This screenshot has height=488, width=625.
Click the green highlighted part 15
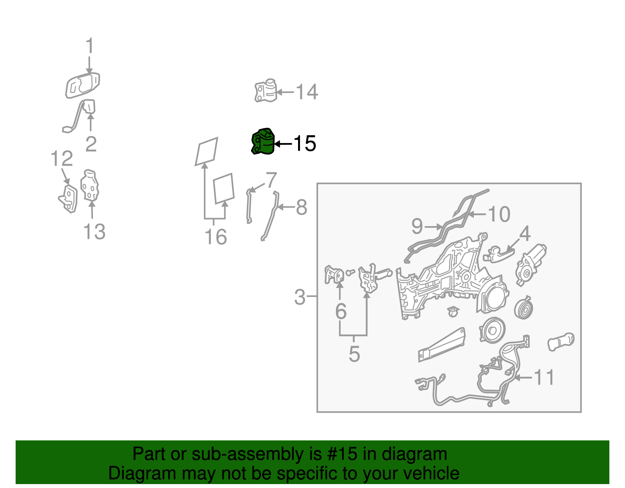(263, 141)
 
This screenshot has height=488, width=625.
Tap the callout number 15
(305, 143)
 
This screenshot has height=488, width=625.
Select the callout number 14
(307, 92)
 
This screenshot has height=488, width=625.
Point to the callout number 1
(90, 45)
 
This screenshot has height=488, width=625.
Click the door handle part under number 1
(82, 86)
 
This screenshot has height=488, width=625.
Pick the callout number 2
(91, 144)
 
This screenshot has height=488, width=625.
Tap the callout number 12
(62, 159)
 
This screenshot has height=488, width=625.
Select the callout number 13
(95, 231)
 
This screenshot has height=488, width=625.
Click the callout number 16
(216, 237)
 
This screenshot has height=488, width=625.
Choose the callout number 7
(271, 180)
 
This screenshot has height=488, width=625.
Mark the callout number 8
(302, 207)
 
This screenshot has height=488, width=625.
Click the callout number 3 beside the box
(299, 297)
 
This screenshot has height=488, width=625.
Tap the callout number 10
(499, 214)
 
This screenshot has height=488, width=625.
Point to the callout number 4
(525, 234)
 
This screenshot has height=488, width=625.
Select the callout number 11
(544, 377)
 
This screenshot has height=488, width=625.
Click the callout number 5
(354, 354)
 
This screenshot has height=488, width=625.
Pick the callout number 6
(341, 311)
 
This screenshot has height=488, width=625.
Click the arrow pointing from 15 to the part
(283, 143)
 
